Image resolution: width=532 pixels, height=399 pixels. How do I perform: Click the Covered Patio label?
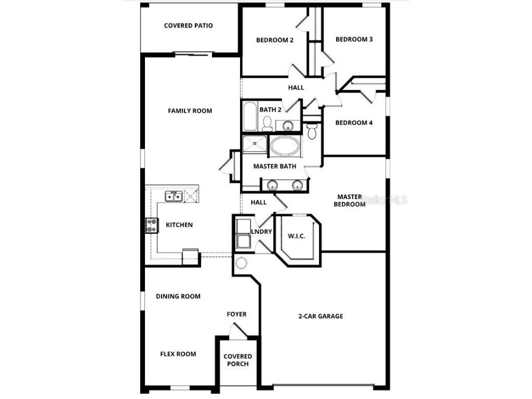tap(188, 25)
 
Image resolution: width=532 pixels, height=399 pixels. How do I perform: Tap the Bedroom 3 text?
tap(354, 39)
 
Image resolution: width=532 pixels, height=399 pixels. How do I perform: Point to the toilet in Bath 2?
tap(267, 124)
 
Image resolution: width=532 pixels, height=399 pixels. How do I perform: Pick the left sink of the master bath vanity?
tap(272, 184)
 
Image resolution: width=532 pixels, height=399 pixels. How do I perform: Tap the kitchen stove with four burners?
tap(152, 225)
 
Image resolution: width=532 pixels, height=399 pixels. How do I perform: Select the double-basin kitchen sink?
tap(173, 196)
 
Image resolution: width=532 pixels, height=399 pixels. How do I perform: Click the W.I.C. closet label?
tap(297, 236)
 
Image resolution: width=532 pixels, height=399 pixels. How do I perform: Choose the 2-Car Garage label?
tap(321, 316)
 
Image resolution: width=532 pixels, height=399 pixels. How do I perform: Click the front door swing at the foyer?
tap(236, 330)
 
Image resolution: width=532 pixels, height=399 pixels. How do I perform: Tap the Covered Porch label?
tap(238, 360)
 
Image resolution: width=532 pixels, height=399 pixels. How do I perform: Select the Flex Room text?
tap(178, 354)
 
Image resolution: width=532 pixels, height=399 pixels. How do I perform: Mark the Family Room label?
tap(190, 111)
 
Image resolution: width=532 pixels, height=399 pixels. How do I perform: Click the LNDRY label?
tap(261, 232)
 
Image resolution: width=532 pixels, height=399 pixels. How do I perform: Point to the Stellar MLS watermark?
tap(384, 199)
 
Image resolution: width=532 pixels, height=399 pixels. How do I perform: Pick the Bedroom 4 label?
tap(354, 123)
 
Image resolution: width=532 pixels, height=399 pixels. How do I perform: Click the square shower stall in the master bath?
tap(254, 145)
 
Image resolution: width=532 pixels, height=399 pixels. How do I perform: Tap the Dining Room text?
tap(178, 296)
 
